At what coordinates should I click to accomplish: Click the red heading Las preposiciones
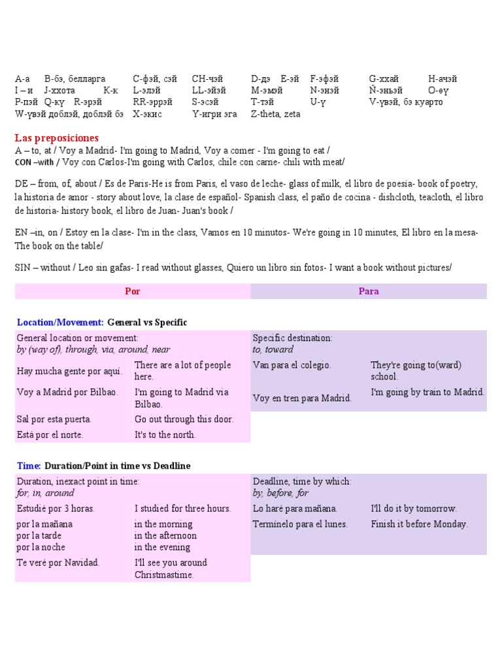[57, 138]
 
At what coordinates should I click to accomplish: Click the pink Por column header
[132, 291]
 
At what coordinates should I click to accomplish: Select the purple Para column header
[369, 291]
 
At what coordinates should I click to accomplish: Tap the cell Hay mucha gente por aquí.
[69, 371]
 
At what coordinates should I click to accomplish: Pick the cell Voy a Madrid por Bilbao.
[67, 392]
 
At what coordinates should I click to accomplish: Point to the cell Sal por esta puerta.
[54, 419]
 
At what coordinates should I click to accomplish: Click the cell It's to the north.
[165, 434]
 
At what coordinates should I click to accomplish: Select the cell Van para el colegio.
[292, 365]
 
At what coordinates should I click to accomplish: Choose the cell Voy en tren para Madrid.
[302, 398]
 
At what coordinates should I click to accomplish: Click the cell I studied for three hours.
[182, 508]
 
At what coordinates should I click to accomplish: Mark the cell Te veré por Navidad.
[58, 563]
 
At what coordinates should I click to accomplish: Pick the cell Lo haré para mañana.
[295, 508]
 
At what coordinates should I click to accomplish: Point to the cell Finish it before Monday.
[419, 524]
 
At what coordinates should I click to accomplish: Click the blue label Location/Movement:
[60, 323]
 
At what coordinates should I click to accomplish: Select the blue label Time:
[29, 466]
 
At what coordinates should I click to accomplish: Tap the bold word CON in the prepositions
[23, 162]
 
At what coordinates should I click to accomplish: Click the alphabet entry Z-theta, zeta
[275, 114]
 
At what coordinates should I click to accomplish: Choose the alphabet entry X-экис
[147, 114]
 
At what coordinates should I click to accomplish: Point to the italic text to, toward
[273, 349]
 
